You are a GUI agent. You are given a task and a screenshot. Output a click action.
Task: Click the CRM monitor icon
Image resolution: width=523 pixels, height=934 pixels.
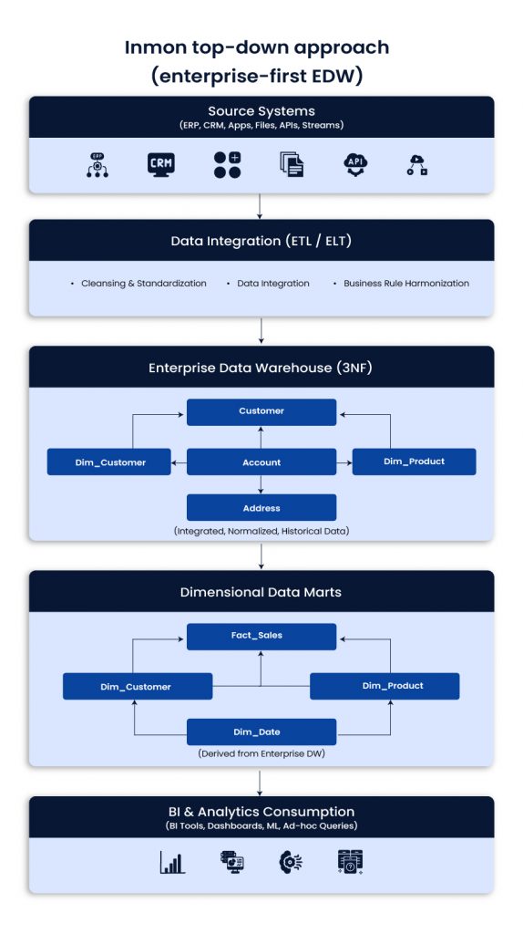pos(161,164)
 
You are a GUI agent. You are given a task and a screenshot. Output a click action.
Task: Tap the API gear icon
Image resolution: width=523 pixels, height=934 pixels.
pos(355,164)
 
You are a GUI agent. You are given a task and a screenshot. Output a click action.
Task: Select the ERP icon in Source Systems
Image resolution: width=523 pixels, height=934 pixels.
pos(97,164)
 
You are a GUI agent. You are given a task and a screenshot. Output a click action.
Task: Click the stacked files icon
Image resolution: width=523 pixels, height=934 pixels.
pos(291,164)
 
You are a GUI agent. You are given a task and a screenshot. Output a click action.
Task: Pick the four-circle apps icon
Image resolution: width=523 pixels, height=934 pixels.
pos(227,164)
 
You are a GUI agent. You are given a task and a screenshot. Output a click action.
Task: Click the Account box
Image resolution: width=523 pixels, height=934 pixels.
pos(261,462)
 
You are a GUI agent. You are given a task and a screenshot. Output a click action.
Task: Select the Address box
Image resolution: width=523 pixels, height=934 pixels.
pos(261,508)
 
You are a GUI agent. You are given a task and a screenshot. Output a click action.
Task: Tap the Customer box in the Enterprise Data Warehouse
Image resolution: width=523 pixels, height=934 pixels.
pos(261,411)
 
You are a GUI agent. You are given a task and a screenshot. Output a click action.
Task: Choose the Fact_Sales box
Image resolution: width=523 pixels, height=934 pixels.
pos(261,636)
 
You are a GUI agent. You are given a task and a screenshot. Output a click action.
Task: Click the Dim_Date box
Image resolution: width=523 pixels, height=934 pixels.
pos(261,732)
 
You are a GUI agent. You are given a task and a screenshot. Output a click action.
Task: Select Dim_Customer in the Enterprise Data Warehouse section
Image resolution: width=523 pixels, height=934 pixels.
pos(109,462)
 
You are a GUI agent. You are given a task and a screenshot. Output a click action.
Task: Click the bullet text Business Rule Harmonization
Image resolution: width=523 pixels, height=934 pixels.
pos(406,284)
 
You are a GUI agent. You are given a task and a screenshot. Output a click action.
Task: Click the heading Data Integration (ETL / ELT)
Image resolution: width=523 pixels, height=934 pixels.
pos(261,242)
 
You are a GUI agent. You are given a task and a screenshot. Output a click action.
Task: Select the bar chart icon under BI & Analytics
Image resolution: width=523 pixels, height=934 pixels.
pos(172,862)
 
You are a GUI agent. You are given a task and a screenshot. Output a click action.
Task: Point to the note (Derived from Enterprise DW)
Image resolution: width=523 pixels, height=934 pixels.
pos(261,754)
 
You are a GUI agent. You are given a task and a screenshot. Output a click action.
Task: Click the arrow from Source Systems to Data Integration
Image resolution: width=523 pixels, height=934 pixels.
pos(261,206)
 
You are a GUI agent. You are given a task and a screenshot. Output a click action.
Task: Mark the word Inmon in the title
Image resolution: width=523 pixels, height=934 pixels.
pos(156,48)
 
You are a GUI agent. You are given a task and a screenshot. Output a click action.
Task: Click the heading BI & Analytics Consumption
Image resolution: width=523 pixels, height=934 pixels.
pos(261,812)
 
